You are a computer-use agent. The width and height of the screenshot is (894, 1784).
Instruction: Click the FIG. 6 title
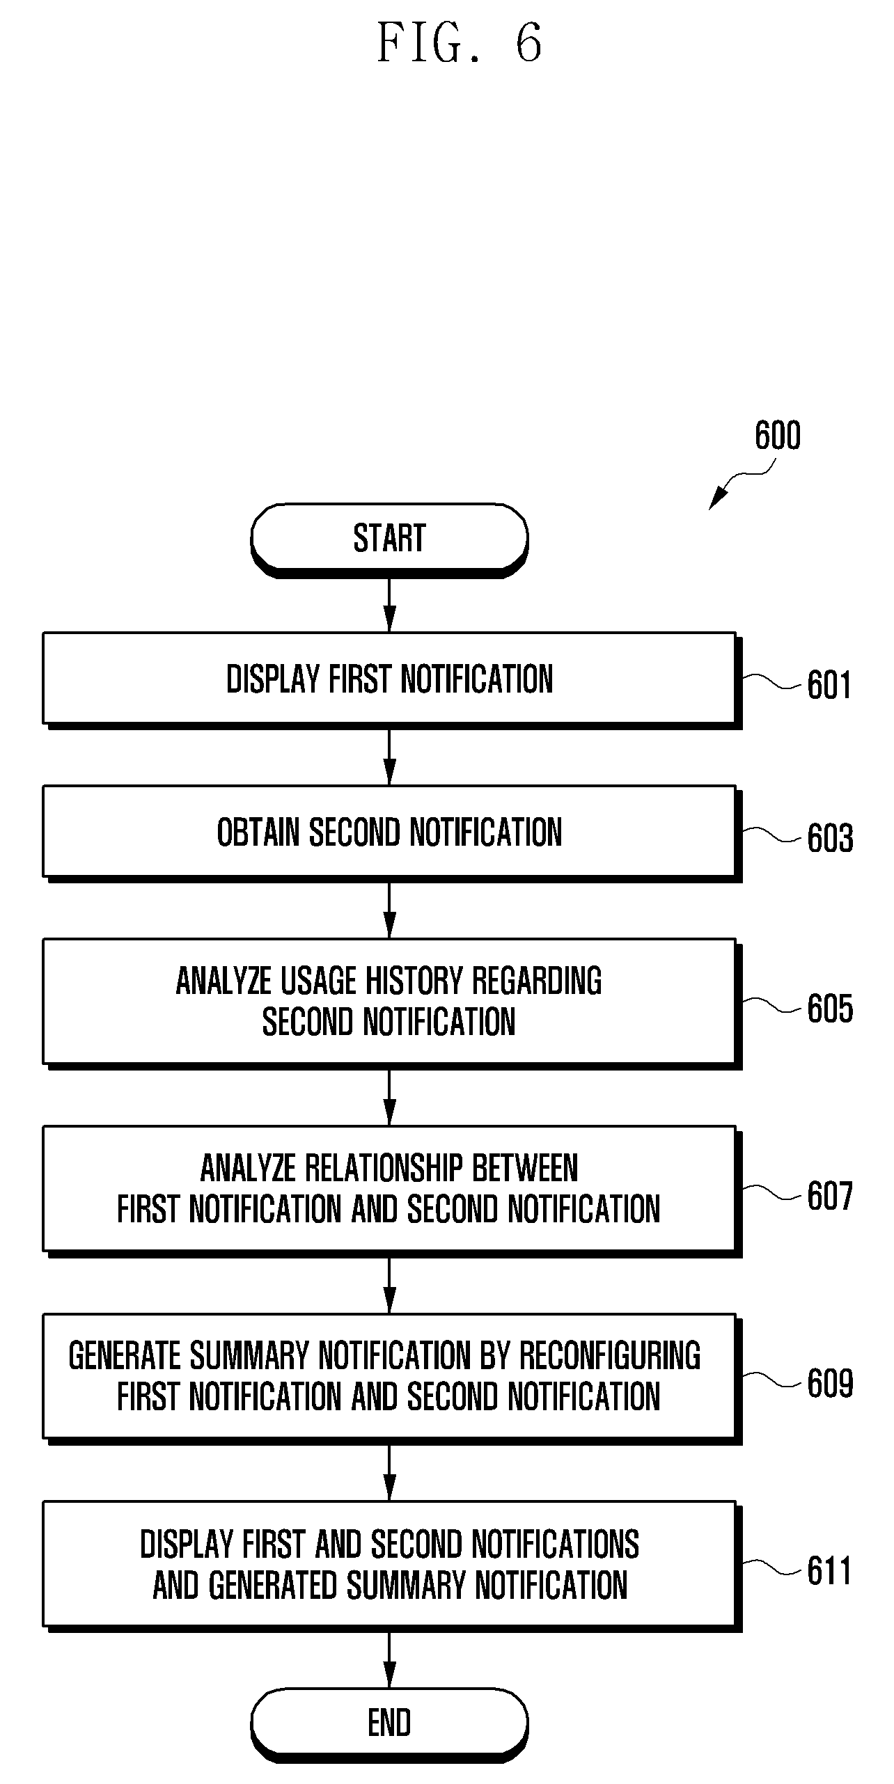pyautogui.click(x=460, y=43)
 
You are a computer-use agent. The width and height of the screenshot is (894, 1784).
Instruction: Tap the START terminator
pyautogui.click(x=389, y=539)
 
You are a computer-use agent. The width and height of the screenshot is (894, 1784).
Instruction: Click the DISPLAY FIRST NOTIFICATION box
pyautogui.click(x=392, y=680)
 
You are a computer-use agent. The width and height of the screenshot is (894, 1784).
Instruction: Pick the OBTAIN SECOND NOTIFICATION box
pyautogui.click(x=392, y=833)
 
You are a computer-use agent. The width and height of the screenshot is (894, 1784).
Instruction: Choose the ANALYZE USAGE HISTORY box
pyautogui.click(x=392, y=1003)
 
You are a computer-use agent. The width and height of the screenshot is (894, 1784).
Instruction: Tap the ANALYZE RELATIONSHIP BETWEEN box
pyautogui.click(x=392, y=1191)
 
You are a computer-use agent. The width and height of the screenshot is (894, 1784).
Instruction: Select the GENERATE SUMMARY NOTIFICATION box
pyautogui.click(x=392, y=1378)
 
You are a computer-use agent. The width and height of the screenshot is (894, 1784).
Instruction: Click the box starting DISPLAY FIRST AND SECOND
pyautogui.click(x=392, y=1566)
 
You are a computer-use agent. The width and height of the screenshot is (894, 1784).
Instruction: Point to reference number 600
pyautogui.click(x=778, y=436)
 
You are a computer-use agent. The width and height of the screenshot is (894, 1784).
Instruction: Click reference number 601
pyautogui.click(x=829, y=685)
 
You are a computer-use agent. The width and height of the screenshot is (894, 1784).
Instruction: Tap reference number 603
pyautogui.click(x=830, y=838)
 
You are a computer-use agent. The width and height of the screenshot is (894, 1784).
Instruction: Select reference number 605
pyautogui.click(x=830, y=1009)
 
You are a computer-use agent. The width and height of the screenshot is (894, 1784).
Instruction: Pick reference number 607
pyautogui.click(x=830, y=1197)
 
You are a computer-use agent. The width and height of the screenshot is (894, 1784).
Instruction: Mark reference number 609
pyautogui.click(x=830, y=1384)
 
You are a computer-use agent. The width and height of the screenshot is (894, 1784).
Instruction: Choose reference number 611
pyautogui.click(x=829, y=1572)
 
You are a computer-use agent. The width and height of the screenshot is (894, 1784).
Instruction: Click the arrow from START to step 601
pyautogui.click(x=390, y=605)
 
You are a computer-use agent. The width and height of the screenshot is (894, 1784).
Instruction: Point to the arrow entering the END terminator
pyautogui.click(x=390, y=1660)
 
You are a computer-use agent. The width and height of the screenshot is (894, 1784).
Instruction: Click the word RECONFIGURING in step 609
pyautogui.click(x=610, y=1356)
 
